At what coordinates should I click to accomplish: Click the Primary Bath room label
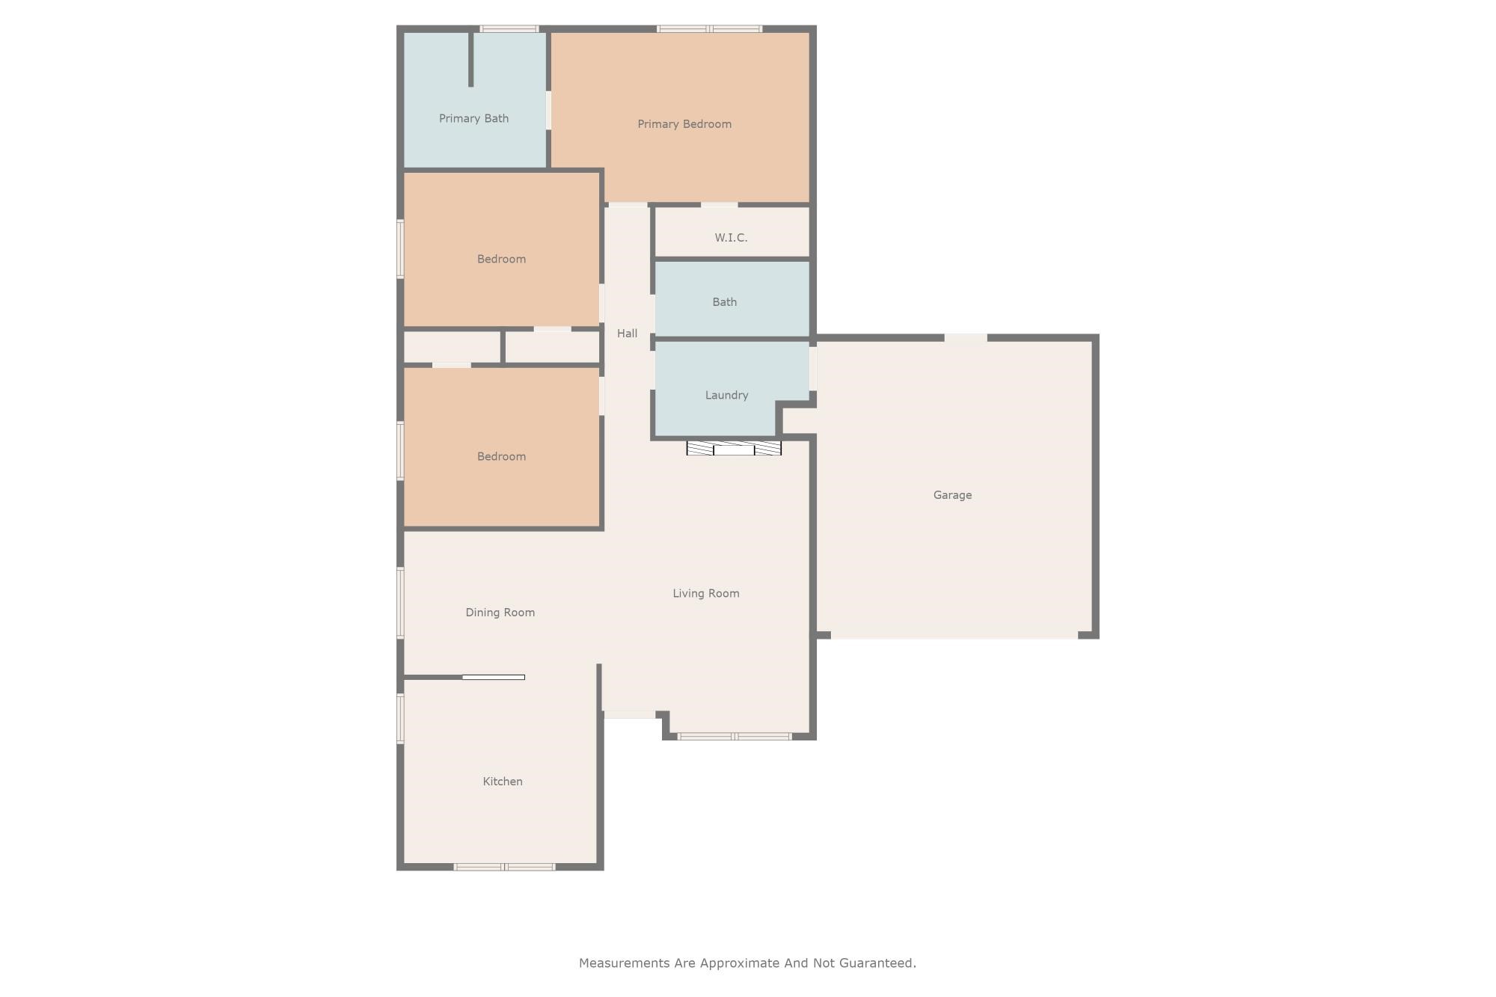[473, 118]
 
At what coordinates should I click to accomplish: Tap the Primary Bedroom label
[684, 124]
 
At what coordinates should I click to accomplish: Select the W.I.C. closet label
[730, 238]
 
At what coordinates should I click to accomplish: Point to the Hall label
[627, 334]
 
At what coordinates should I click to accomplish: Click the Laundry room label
[726, 395]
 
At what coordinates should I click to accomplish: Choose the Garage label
[952, 495]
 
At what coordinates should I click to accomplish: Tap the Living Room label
[705, 593]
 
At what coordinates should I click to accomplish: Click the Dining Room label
[500, 613]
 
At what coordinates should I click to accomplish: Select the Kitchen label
[502, 782]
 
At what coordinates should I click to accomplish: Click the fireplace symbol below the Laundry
[734, 449]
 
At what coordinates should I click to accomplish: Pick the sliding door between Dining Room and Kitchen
[493, 677]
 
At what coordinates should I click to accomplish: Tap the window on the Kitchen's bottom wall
[504, 867]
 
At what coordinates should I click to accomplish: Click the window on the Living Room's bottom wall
[734, 737]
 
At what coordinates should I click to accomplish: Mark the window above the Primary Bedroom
[709, 29]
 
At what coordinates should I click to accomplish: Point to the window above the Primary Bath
[509, 29]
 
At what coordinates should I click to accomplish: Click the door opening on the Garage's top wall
[965, 338]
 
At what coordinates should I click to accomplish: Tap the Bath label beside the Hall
[724, 302]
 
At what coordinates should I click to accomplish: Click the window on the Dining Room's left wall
[400, 603]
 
